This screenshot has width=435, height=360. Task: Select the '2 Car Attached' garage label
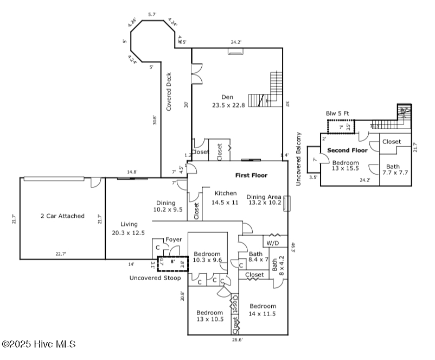[x=62, y=216]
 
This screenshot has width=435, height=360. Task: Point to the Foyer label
[x=174, y=239]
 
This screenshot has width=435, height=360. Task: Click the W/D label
[x=273, y=242]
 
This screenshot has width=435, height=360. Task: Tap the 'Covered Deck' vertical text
[x=169, y=92]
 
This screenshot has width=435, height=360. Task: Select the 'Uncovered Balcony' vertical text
[x=298, y=159]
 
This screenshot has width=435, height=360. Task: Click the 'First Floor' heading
[x=251, y=175]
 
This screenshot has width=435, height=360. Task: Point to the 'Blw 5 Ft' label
[x=337, y=113]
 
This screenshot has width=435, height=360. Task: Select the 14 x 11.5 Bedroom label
[x=263, y=310]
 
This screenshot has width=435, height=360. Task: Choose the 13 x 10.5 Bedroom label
[x=209, y=316]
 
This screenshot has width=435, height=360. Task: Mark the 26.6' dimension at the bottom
[x=238, y=340]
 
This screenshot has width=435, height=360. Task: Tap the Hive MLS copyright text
[x=39, y=344]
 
